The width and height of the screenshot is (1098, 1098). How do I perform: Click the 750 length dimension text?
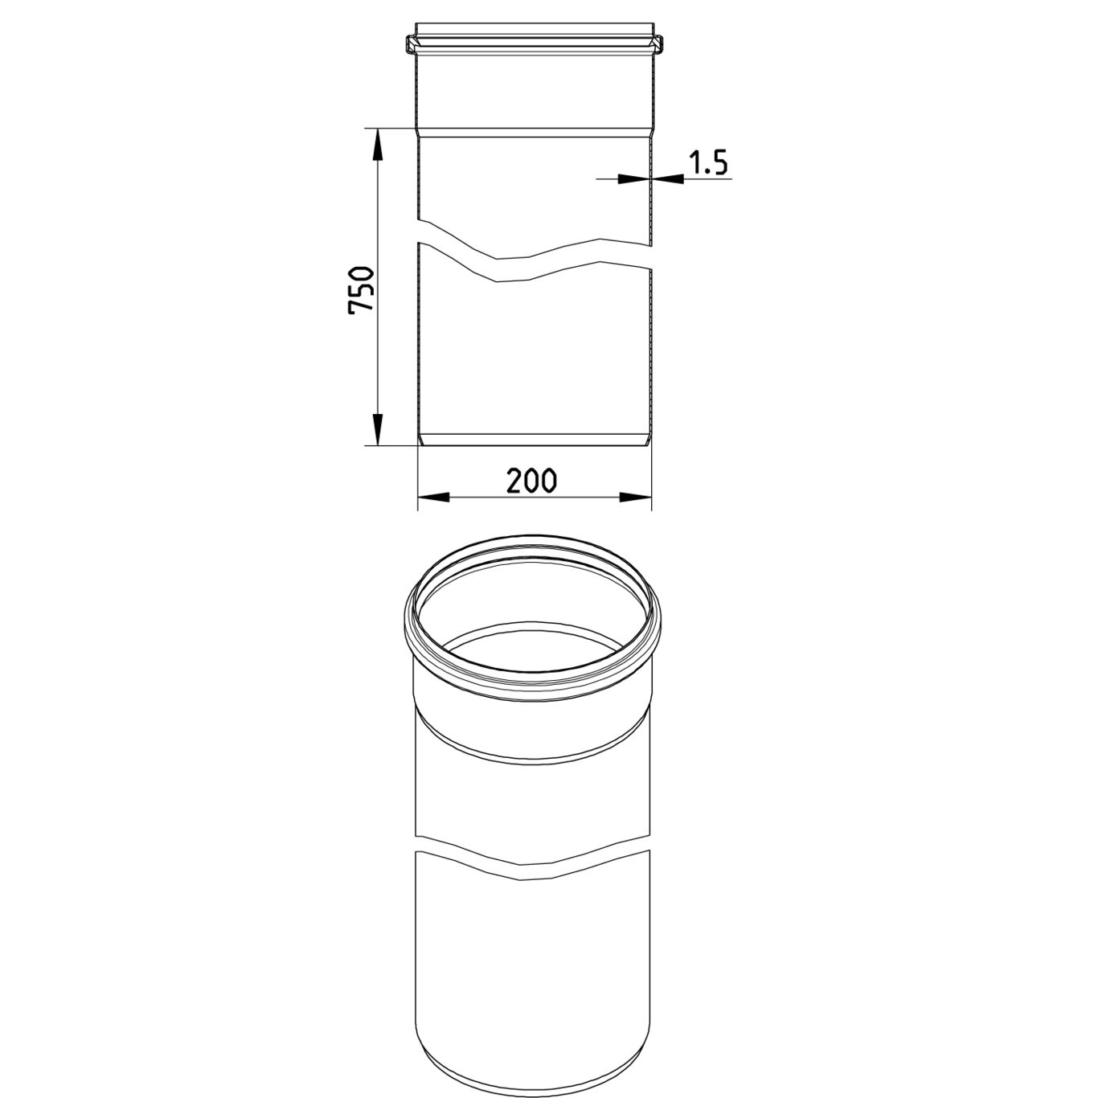[361, 289]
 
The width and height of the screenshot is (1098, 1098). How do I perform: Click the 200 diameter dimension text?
[531, 481]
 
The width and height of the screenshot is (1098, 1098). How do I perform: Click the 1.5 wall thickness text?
[709, 162]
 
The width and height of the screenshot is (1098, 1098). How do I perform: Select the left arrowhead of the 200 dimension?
[434, 498]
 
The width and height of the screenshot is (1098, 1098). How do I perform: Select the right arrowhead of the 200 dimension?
[635, 498]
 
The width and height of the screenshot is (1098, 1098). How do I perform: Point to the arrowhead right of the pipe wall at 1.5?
[668, 179]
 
